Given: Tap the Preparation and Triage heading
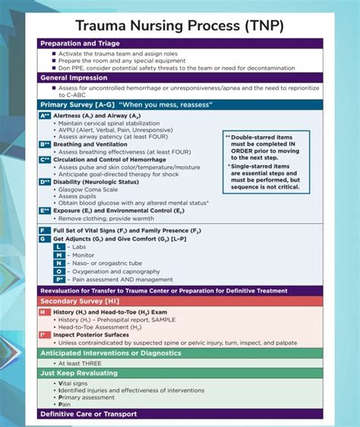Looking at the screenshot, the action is coord(81,43).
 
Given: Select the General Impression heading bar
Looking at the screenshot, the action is coord(74,77).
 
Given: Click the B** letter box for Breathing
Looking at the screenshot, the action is coord(45,143).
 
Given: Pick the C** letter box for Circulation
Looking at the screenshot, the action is coord(45,159).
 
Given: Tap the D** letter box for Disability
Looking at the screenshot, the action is coord(45,182).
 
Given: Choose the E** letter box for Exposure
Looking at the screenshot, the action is coord(45,210).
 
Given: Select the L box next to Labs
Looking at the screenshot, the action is coord(58,247).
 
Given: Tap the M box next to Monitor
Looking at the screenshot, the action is coord(58,255).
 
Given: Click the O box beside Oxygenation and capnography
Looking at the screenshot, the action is coord(58,271).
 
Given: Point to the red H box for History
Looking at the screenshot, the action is coord(45,312).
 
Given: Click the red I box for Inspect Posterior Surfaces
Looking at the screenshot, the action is coord(45,334).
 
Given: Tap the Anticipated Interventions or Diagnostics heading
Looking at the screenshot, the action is coord(110,353).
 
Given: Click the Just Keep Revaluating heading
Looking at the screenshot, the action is coord(79,373).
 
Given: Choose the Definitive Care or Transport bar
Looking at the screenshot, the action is coord(88,414).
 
